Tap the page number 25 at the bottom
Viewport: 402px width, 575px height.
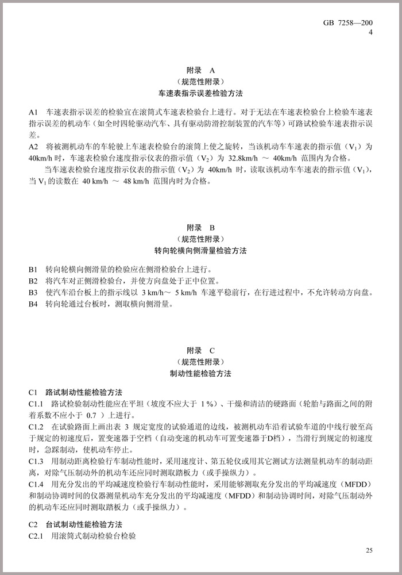(369, 550)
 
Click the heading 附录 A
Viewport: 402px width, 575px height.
(200, 70)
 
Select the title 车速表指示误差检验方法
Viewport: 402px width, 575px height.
(200, 93)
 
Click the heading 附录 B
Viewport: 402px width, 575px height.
(200, 228)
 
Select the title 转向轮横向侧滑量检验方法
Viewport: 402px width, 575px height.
(200, 251)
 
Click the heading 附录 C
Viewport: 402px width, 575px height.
(200, 350)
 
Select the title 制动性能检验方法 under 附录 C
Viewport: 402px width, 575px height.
(200, 373)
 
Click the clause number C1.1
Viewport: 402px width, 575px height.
(36, 403)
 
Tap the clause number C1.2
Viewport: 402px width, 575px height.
(36, 427)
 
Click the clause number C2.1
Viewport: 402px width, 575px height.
(36, 535)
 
